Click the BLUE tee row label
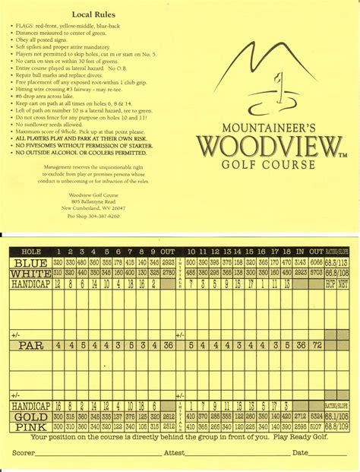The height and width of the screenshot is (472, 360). pos(30,262)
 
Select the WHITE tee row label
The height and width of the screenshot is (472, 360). pos(30,272)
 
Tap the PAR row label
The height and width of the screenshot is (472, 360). pos(30,345)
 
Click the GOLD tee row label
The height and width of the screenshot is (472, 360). pos(30,417)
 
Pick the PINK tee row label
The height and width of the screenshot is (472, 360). pos(30,426)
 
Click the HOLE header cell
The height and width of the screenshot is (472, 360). pos(30,252)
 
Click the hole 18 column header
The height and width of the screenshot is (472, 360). pos(286,252)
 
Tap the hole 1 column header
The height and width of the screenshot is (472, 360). pos(58,252)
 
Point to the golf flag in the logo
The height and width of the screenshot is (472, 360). pos(279,84)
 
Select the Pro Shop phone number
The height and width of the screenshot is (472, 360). pos(93,216)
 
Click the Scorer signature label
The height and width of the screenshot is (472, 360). pos(25,453)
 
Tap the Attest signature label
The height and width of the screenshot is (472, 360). pos(174,453)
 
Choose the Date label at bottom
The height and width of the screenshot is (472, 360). pos(300,453)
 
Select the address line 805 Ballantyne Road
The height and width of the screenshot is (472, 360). pos(93,201)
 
